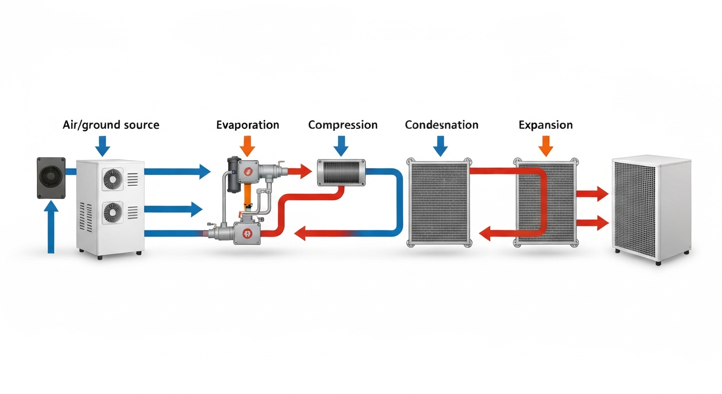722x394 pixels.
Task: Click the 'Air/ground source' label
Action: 111,125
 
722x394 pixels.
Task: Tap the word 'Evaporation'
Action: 248,125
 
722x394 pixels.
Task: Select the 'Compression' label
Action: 343,125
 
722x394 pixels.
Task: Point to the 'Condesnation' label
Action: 442,125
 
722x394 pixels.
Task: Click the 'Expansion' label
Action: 546,125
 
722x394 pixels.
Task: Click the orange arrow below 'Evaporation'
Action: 247,146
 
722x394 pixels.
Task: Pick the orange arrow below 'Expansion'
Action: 546,146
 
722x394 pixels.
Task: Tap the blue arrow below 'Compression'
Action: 341,146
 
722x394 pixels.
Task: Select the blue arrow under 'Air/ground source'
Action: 103,146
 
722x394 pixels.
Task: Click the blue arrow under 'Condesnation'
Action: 440,146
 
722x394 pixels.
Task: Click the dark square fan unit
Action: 51,178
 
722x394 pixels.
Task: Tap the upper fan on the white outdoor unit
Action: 112,179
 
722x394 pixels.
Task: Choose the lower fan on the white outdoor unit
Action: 112,212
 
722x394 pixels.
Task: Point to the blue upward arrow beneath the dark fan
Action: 51,227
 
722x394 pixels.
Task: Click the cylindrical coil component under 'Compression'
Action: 342,172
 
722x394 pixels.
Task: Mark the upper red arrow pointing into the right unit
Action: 592,194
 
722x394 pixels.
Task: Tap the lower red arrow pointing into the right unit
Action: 592,223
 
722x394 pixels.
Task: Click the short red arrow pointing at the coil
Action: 300,171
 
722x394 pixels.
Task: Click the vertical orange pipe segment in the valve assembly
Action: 247,196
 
